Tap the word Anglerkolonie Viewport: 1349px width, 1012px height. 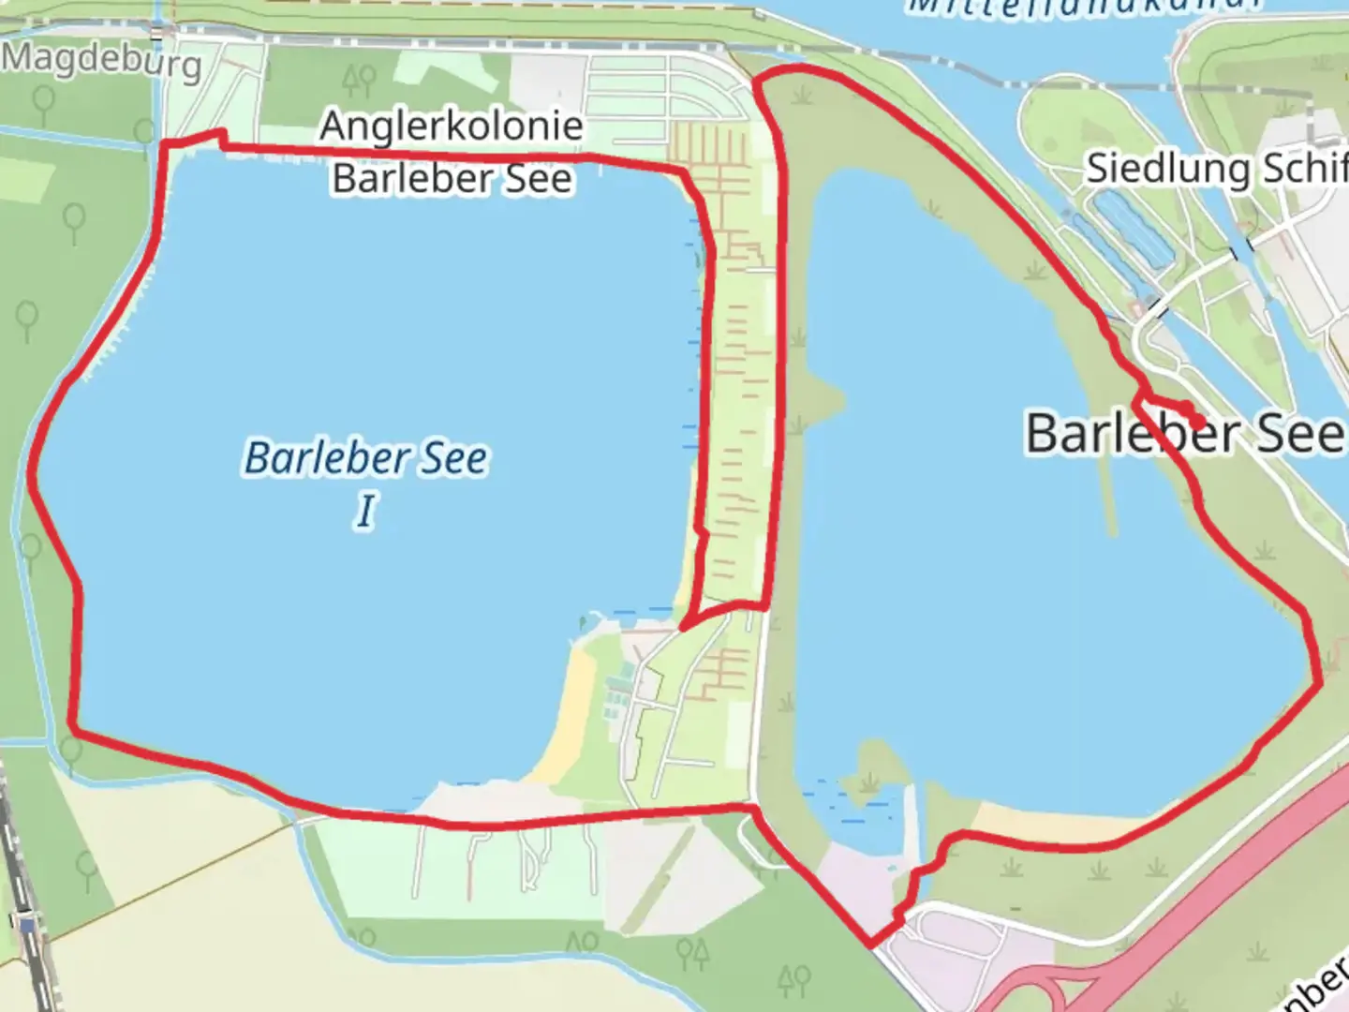(452, 126)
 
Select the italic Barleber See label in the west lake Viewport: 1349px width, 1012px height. (365, 458)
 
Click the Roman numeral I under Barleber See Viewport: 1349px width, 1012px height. (365, 512)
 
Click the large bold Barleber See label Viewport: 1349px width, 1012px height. (1184, 433)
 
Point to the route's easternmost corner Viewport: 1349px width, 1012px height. (1320, 682)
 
